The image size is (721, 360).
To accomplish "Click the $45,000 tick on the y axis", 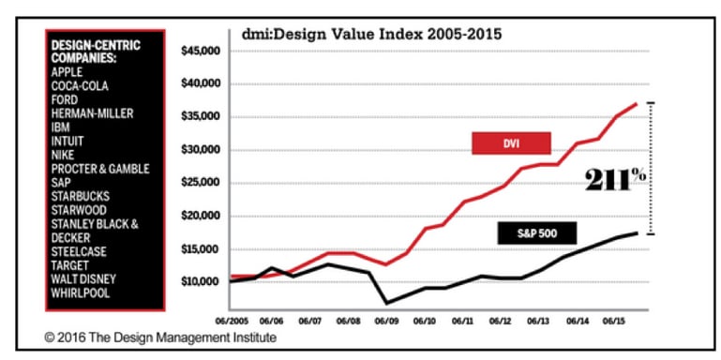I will point(198,51).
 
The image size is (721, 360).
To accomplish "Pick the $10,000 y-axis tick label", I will point(198,282).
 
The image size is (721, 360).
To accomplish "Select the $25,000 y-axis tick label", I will point(198,183).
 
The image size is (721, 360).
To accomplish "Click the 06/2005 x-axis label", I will point(232,319).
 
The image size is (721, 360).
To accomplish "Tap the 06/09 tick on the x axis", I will point(385,319).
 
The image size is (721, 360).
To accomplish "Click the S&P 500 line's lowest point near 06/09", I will point(385,303).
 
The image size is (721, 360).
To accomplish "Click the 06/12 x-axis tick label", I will point(501,319).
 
